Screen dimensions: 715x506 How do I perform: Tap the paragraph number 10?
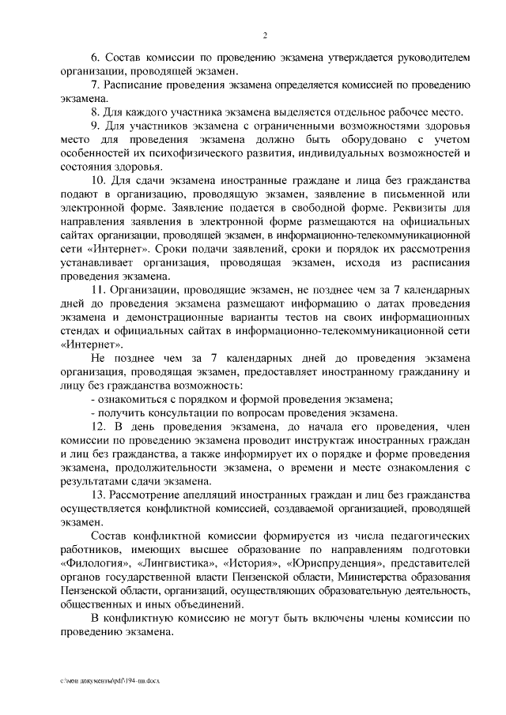tap(99, 181)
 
